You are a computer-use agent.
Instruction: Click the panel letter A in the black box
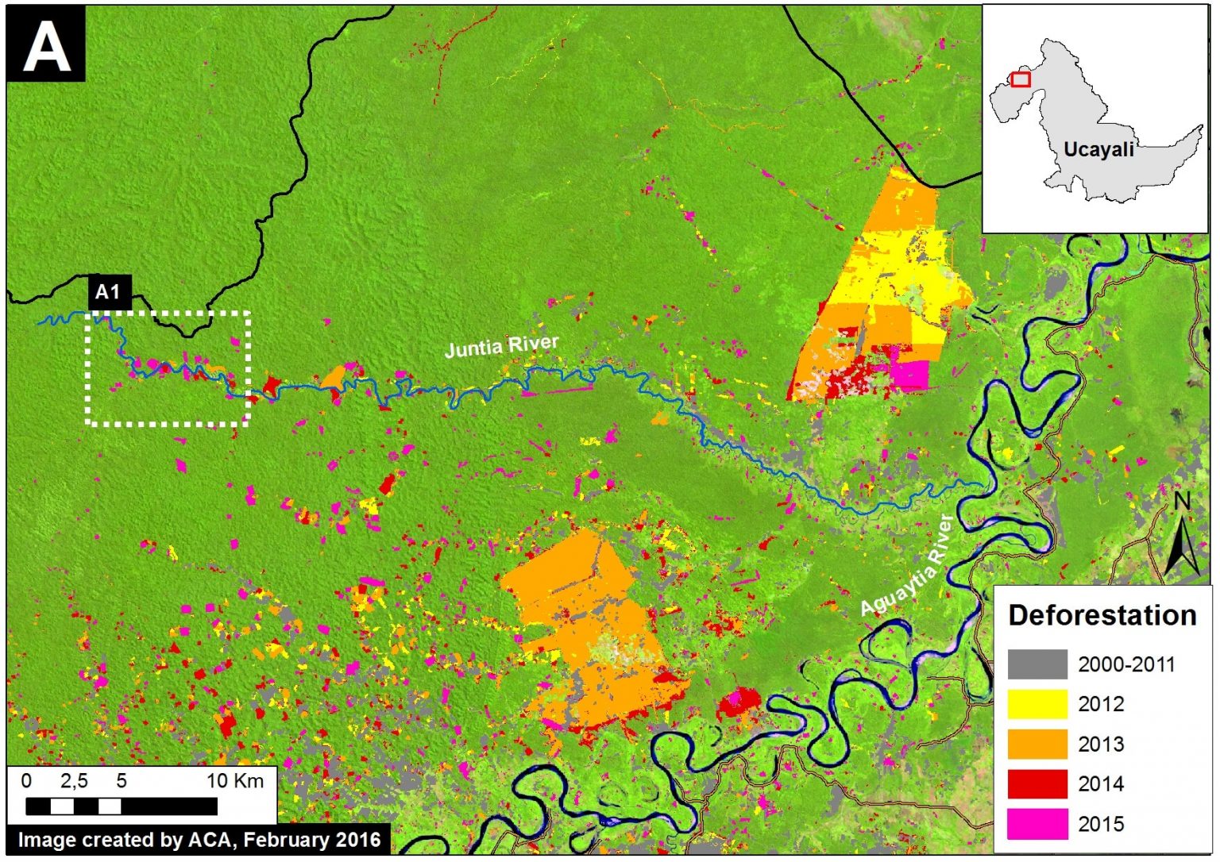pyautogui.click(x=46, y=45)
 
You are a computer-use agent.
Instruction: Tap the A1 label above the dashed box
pyautogui.click(x=107, y=292)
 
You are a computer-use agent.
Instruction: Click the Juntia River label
pyautogui.click(x=501, y=346)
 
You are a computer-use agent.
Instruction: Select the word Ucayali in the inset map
pyautogui.click(x=1098, y=149)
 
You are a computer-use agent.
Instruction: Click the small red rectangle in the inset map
pyautogui.click(x=1021, y=79)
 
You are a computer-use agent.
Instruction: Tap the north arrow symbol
pyautogui.click(x=1182, y=536)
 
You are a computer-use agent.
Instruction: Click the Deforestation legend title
pyautogui.click(x=1102, y=615)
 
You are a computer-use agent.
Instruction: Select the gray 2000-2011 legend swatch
pyautogui.click(x=1037, y=664)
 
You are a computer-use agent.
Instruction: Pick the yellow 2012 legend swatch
pyautogui.click(x=1037, y=704)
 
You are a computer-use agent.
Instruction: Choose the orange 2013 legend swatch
pyautogui.click(x=1037, y=744)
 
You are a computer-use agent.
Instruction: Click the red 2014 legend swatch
pyautogui.click(x=1037, y=783)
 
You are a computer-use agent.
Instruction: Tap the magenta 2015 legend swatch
pyautogui.click(x=1037, y=823)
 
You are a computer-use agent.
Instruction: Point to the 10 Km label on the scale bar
pyautogui.click(x=235, y=781)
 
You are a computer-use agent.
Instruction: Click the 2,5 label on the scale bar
pyautogui.click(x=74, y=781)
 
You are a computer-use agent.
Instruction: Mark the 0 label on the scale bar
pyautogui.click(x=26, y=781)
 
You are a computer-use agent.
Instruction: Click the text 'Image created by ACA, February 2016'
pyautogui.click(x=199, y=840)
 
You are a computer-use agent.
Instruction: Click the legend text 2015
pyautogui.click(x=1101, y=824)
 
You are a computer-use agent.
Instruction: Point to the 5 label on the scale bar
pyautogui.click(x=122, y=781)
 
